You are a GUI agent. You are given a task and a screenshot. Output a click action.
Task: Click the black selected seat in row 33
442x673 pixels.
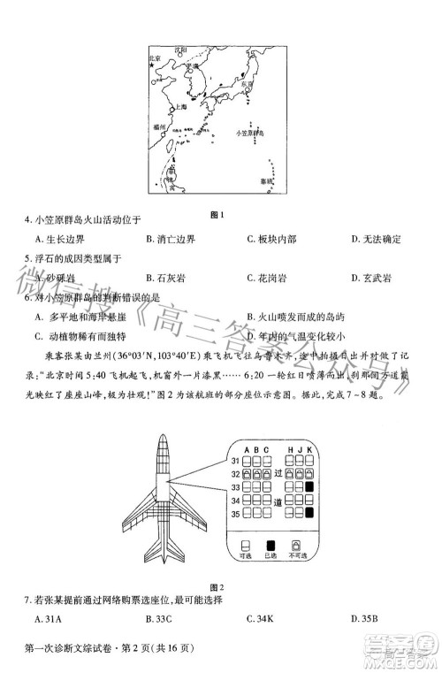[309, 487]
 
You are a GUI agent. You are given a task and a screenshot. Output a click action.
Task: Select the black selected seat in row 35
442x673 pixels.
[309, 513]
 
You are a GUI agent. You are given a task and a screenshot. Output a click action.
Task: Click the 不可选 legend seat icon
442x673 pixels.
[296, 545]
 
